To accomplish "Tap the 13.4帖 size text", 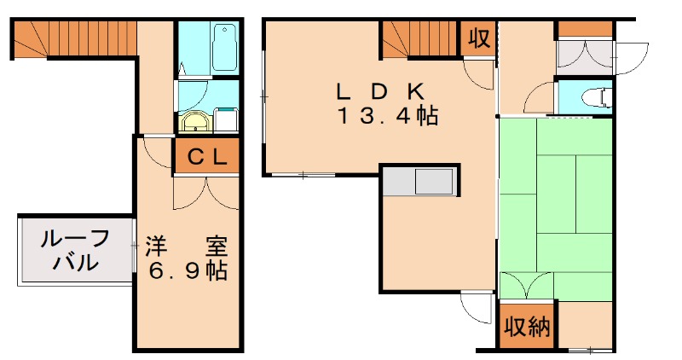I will pos(387,117).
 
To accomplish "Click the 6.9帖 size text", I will pos(187,271).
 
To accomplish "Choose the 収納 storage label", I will pos(526,327).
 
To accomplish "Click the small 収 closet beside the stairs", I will pos(478,39).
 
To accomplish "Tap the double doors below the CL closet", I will pos(205,192).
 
